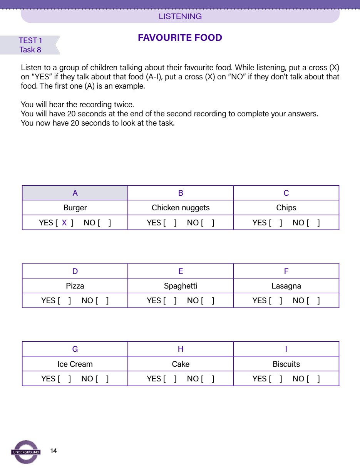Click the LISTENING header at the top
(180, 16)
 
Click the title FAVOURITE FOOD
(180, 38)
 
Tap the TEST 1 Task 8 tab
(30, 45)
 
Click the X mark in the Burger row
(64, 223)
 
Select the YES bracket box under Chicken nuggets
(170, 223)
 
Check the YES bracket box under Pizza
(64, 301)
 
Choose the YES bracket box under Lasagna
(275, 301)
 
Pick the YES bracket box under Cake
(170, 379)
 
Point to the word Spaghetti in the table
(181, 286)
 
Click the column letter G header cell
(75, 349)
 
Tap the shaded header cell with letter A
(75, 193)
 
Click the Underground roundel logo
(26, 452)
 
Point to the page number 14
(54, 451)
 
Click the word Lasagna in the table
(286, 286)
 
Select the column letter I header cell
(286, 349)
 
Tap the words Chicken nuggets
(181, 208)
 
